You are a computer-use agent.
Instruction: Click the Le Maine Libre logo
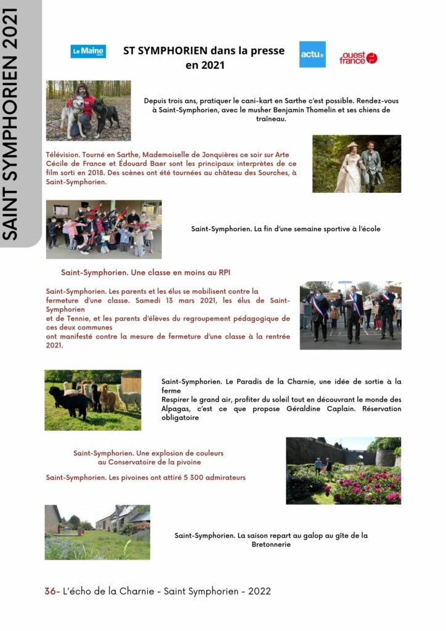(88, 52)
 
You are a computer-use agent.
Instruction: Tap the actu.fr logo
(312, 55)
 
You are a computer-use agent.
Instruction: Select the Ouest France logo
(358, 58)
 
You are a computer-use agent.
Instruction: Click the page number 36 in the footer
(50, 591)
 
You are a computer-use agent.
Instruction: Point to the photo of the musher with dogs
(88, 110)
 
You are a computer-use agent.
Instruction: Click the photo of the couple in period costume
(356, 163)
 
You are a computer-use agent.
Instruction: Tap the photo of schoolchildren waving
(103, 229)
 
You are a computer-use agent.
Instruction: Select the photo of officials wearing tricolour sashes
(350, 315)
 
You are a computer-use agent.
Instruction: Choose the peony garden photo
(343, 470)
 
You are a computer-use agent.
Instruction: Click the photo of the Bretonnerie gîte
(97, 532)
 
